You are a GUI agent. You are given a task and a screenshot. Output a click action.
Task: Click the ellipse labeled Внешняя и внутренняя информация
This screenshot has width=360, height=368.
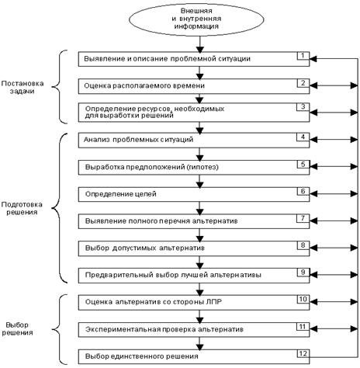click(x=196, y=19)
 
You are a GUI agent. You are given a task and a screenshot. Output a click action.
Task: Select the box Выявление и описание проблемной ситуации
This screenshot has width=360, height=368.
click(x=194, y=59)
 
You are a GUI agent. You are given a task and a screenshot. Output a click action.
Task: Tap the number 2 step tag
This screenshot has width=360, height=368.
click(x=303, y=83)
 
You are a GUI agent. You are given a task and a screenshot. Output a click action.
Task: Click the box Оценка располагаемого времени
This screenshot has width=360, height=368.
click(x=194, y=86)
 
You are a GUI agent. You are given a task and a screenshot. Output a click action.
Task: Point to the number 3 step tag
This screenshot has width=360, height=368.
click(x=303, y=107)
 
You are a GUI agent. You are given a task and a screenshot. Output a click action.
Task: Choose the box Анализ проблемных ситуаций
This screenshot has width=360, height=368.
click(x=194, y=141)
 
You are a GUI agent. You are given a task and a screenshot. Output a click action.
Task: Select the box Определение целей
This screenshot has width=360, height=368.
click(x=194, y=194)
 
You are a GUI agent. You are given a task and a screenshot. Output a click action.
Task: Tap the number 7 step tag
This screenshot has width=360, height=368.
click(x=303, y=218)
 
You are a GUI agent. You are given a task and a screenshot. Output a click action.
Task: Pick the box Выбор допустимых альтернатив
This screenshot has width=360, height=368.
click(x=194, y=248)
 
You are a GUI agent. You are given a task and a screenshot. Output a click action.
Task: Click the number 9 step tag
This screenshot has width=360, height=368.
click(x=303, y=273)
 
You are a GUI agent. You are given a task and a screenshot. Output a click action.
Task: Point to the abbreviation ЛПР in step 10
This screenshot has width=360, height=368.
click(x=214, y=302)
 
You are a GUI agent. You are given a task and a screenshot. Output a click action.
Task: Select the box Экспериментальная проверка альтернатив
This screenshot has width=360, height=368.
click(x=194, y=330)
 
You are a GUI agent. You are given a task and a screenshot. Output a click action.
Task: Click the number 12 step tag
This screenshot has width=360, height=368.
click(x=303, y=353)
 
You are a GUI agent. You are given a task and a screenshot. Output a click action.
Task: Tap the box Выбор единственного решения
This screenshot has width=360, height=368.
click(x=194, y=356)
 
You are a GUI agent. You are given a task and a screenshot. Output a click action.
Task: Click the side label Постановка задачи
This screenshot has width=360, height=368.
click(x=22, y=87)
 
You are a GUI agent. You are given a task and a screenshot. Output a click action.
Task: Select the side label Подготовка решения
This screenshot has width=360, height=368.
click(x=22, y=208)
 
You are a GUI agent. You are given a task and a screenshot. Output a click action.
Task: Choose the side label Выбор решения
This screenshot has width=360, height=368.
click(x=17, y=328)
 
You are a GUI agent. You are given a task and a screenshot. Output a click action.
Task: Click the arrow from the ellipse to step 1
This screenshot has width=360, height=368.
click(x=200, y=44)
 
